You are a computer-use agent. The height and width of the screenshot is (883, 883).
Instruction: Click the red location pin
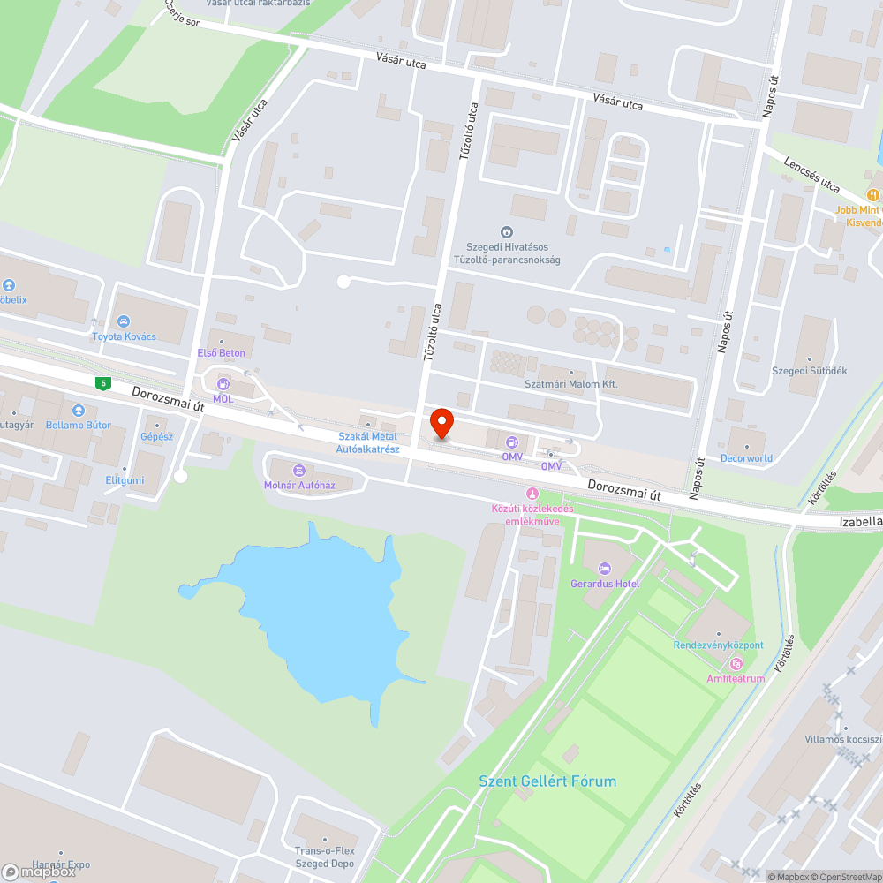pyautogui.click(x=441, y=423)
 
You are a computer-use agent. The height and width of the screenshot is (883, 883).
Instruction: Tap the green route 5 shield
pyautogui.click(x=104, y=382)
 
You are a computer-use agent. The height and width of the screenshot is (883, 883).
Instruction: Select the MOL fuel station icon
pyautogui.click(x=223, y=384)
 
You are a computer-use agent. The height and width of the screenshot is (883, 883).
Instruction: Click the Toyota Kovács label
pyautogui.click(x=124, y=336)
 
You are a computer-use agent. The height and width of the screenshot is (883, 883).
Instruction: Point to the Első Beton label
pyautogui.click(x=221, y=353)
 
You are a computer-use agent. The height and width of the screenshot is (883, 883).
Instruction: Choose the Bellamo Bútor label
pyautogui.click(x=79, y=425)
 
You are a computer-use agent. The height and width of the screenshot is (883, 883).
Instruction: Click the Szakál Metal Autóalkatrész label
pyautogui.click(x=368, y=442)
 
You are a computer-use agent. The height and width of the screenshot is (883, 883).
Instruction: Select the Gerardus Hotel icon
pyautogui.click(x=604, y=568)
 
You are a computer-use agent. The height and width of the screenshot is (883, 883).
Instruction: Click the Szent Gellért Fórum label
pyautogui.click(x=547, y=781)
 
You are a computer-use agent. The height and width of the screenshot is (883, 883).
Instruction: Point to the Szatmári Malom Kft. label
pyautogui.click(x=571, y=384)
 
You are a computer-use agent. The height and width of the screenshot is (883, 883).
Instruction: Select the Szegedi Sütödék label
pyautogui.click(x=809, y=371)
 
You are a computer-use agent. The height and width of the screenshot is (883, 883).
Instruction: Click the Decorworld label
pyautogui.click(x=746, y=458)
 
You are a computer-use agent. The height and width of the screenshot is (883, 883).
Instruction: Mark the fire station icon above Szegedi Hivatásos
pyautogui.click(x=507, y=232)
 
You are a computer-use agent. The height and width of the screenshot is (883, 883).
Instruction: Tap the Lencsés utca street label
pyautogui.click(x=811, y=175)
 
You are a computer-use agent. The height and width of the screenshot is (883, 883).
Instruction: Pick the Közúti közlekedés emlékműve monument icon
pyautogui.click(x=532, y=493)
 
